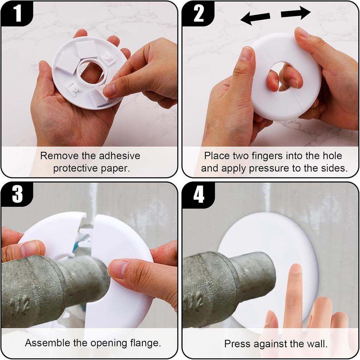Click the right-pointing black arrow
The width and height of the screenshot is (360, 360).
[x=296, y=13]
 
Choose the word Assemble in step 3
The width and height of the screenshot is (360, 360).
[x=46, y=343]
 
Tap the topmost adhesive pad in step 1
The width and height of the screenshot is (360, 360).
[x=86, y=49]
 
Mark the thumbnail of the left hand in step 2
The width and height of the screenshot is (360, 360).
[x=246, y=54]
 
